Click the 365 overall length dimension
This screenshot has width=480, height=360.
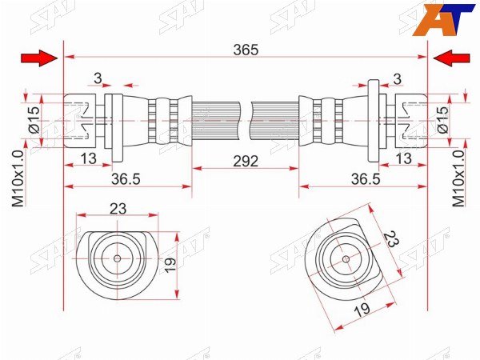(246, 50)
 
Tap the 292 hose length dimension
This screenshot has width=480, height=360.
(246, 161)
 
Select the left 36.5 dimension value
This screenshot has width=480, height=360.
(126, 179)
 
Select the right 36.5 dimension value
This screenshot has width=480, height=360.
(366, 179)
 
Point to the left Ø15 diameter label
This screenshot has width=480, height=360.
(34, 119)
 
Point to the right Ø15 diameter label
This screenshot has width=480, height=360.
(442, 119)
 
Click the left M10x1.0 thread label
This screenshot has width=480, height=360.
(18, 178)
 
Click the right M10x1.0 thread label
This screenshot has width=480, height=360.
(458, 178)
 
